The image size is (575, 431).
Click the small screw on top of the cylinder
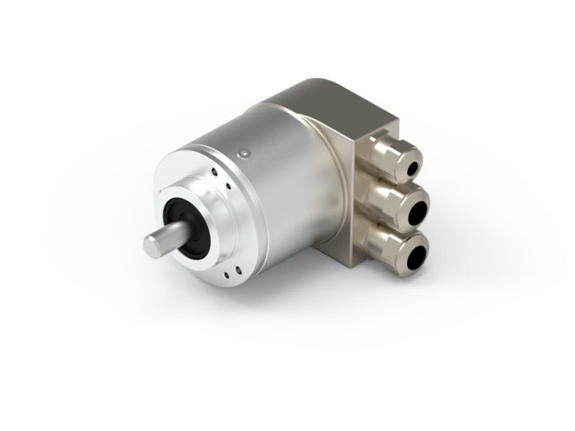[244, 152]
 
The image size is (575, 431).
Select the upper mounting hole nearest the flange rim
[216, 170]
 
